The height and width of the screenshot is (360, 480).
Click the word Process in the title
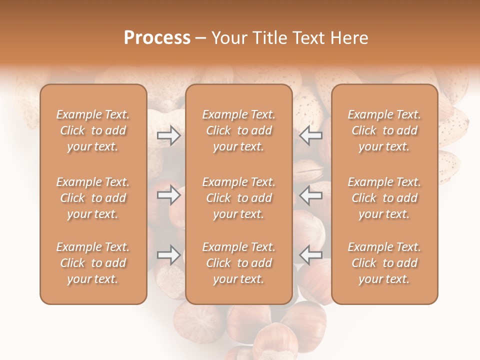pyautogui.click(x=157, y=38)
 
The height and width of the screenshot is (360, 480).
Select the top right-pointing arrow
pyautogui.click(x=168, y=135)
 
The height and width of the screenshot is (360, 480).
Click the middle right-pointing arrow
pyautogui.click(x=168, y=195)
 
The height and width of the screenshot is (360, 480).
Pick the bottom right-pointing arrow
pyautogui.click(x=168, y=255)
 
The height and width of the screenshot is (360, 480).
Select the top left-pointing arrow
pyautogui.click(x=310, y=135)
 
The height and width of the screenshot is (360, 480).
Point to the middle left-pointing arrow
pyautogui.click(x=310, y=195)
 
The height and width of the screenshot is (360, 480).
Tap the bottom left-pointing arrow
pyautogui.click(x=310, y=255)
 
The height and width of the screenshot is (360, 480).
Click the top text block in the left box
pyautogui.click(x=93, y=130)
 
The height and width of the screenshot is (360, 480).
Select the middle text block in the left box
pyautogui.click(x=93, y=198)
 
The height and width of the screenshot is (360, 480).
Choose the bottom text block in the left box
pyautogui.click(x=93, y=263)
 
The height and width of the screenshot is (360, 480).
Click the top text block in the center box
pyautogui.click(x=238, y=130)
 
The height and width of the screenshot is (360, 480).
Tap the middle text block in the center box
pyautogui.click(x=238, y=198)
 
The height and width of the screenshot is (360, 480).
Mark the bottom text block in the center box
pyautogui.click(x=238, y=263)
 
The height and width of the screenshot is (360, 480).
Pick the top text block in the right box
pyautogui.click(x=384, y=130)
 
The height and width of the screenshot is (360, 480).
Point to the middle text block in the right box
pyautogui.click(x=384, y=198)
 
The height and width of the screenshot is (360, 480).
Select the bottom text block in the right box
pyautogui.click(x=384, y=263)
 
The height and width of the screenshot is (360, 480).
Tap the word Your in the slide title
pyautogui.click(x=229, y=38)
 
